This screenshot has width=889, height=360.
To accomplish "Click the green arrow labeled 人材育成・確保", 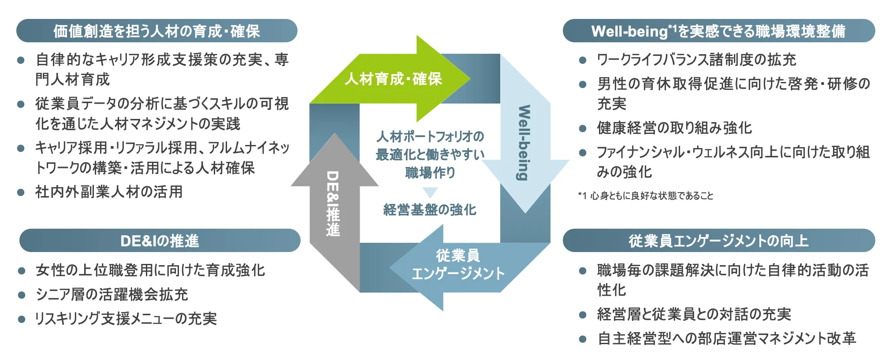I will (392, 79).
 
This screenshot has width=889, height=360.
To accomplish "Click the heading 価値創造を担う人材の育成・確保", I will (156, 31).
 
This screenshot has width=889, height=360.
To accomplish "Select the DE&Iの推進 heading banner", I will (160, 241).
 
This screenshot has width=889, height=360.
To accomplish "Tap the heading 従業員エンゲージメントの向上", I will (718, 241).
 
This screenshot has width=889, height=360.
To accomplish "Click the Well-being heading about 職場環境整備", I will (718, 31).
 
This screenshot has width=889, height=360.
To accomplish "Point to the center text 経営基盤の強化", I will (430, 210).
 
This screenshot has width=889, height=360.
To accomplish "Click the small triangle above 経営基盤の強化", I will (430, 192).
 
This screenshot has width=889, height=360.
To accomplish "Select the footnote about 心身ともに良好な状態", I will (645, 196).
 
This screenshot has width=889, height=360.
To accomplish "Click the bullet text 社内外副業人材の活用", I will (109, 192).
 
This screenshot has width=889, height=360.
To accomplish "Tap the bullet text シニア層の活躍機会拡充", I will (112, 294).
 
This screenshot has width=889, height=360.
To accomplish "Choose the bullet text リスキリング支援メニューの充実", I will (126, 319).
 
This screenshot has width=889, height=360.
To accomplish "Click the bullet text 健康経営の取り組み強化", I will (674, 128).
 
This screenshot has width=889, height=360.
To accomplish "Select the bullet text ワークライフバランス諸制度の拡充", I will (696, 59).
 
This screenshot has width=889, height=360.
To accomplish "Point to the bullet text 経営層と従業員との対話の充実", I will (694, 314).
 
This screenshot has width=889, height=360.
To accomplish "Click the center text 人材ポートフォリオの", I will (430, 137).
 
